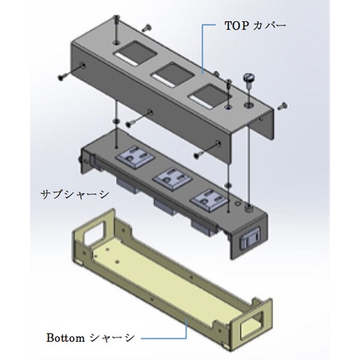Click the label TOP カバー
point(256,26)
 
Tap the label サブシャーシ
point(75,194)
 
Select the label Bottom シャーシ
point(91,338)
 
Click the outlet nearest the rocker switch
point(208,199)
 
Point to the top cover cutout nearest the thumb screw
point(211,96)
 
